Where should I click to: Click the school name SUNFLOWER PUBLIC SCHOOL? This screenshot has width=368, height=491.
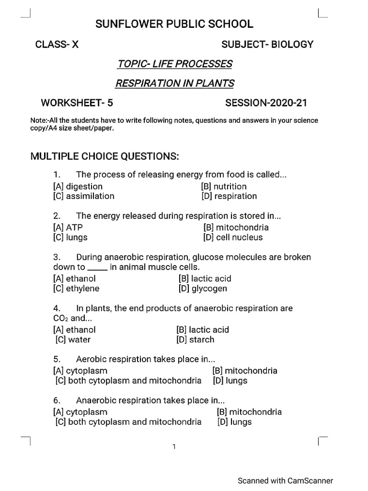click(x=174, y=24)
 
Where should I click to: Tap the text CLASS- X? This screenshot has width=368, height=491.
click(x=57, y=45)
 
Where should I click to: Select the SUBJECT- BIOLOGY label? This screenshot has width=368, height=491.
click(x=267, y=45)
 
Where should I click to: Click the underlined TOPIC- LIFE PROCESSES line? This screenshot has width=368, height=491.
click(x=175, y=64)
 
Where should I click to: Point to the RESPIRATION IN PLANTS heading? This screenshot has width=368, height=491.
click(x=175, y=83)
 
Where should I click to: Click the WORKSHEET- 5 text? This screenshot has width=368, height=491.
click(x=77, y=103)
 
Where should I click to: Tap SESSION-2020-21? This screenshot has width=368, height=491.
click(x=266, y=103)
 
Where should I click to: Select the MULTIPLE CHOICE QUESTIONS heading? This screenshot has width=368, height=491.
click(x=104, y=156)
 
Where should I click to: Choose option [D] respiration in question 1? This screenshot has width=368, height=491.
click(x=229, y=196)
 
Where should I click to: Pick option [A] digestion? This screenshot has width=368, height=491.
click(x=78, y=187)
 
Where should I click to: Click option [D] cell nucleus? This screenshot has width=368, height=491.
click(x=233, y=237)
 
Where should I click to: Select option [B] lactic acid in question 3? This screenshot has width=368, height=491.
click(x=205, y=279)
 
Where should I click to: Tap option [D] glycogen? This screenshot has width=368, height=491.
click(x=203, y=289)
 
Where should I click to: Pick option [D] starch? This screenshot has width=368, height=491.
click(x=195, y=340)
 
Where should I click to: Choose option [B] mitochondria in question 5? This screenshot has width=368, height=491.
click(x=244, y=371)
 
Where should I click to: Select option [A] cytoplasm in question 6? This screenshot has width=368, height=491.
click(x=80, y=412)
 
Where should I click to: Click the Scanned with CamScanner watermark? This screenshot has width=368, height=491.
click(x=286, y=480)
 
